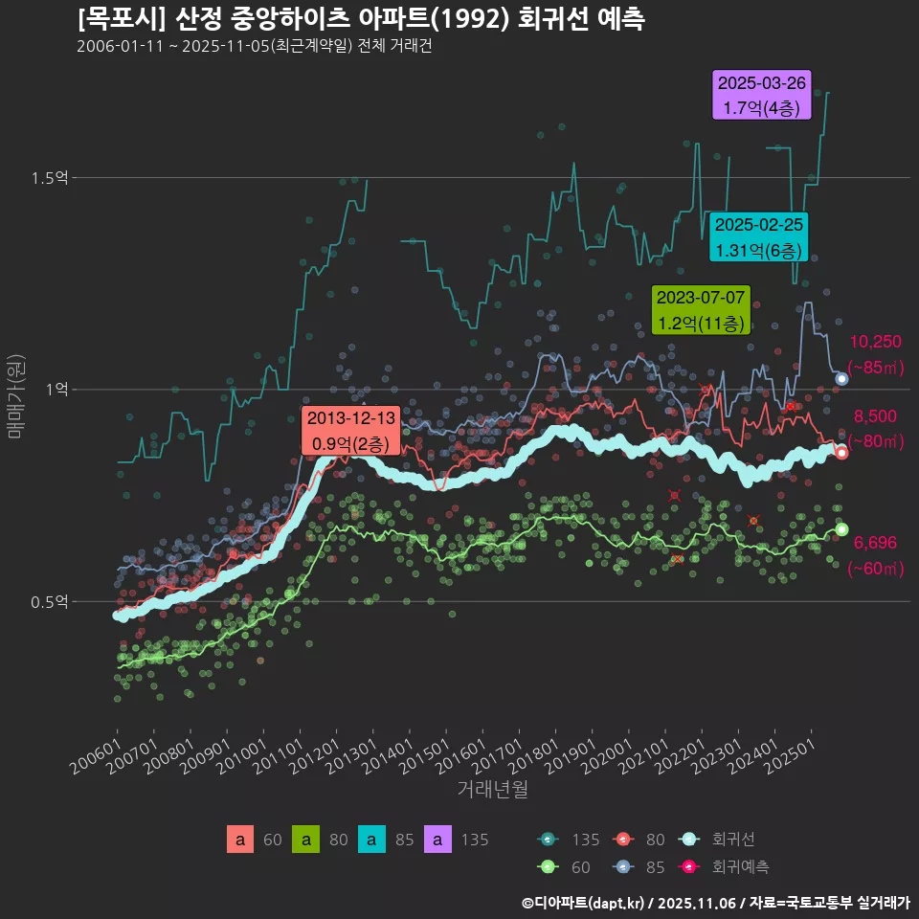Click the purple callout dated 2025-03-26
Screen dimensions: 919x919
763,96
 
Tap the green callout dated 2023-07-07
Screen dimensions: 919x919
701,310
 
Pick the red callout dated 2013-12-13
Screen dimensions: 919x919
350,432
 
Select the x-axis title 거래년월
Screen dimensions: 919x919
492,789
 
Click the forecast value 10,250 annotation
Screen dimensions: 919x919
876,342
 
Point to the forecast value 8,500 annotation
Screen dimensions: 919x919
875,415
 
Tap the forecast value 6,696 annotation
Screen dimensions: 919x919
875,543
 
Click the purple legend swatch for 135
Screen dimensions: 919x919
437,840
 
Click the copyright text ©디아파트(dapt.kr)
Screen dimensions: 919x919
585,902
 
